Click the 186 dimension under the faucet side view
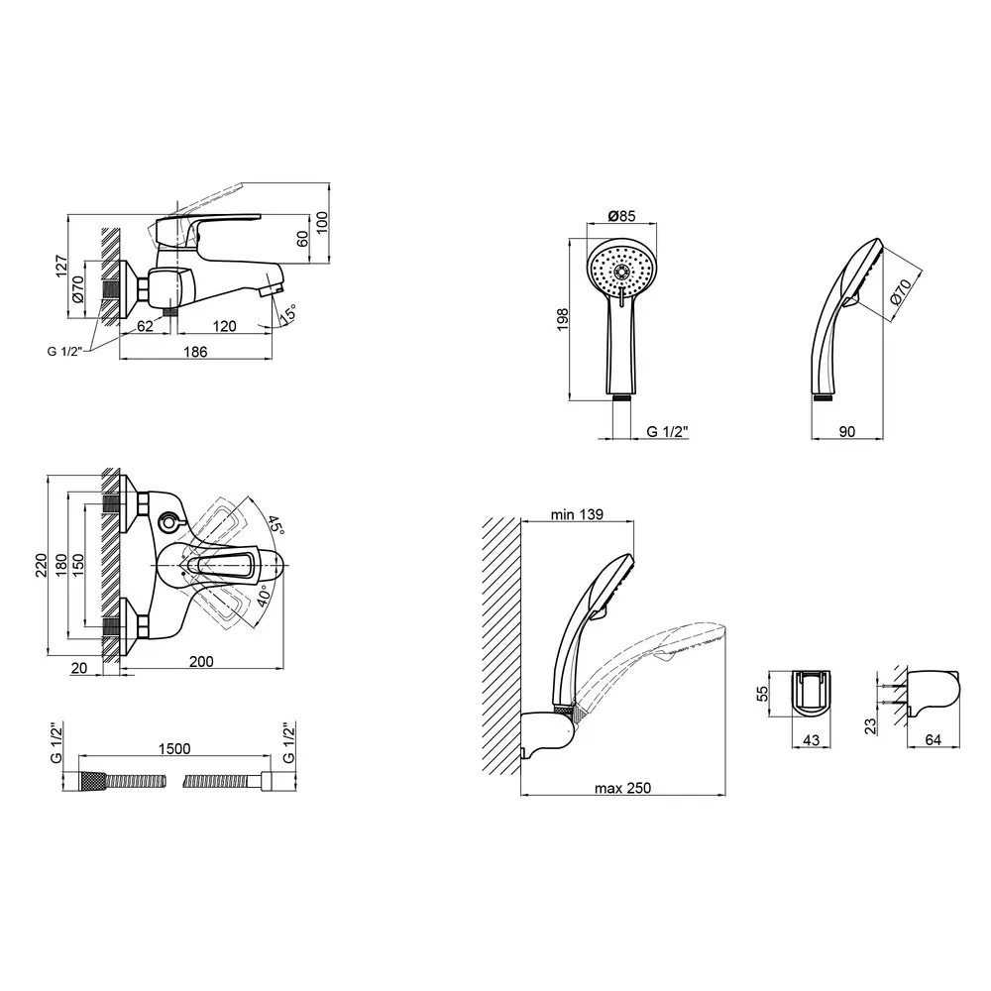click(195, 352)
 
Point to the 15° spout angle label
click(287, 314)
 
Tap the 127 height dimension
click(61, 266)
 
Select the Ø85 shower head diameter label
click(621, 216)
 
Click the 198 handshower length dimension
click(563, 319)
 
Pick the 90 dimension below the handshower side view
click(847, 432)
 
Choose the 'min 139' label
click(577, 514)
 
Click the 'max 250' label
click(622, 788)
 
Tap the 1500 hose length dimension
click(174, 749)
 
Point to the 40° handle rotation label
click(264, 596)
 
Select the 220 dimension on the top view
click(41, 565)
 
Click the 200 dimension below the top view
click(201, 662)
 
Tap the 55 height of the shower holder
click(763, 694)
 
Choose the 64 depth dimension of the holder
click(933, 739)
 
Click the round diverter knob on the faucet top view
click(169, 522)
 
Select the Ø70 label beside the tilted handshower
click(901, 291)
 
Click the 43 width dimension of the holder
click(811, 739)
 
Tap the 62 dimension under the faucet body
click(146, 326)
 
